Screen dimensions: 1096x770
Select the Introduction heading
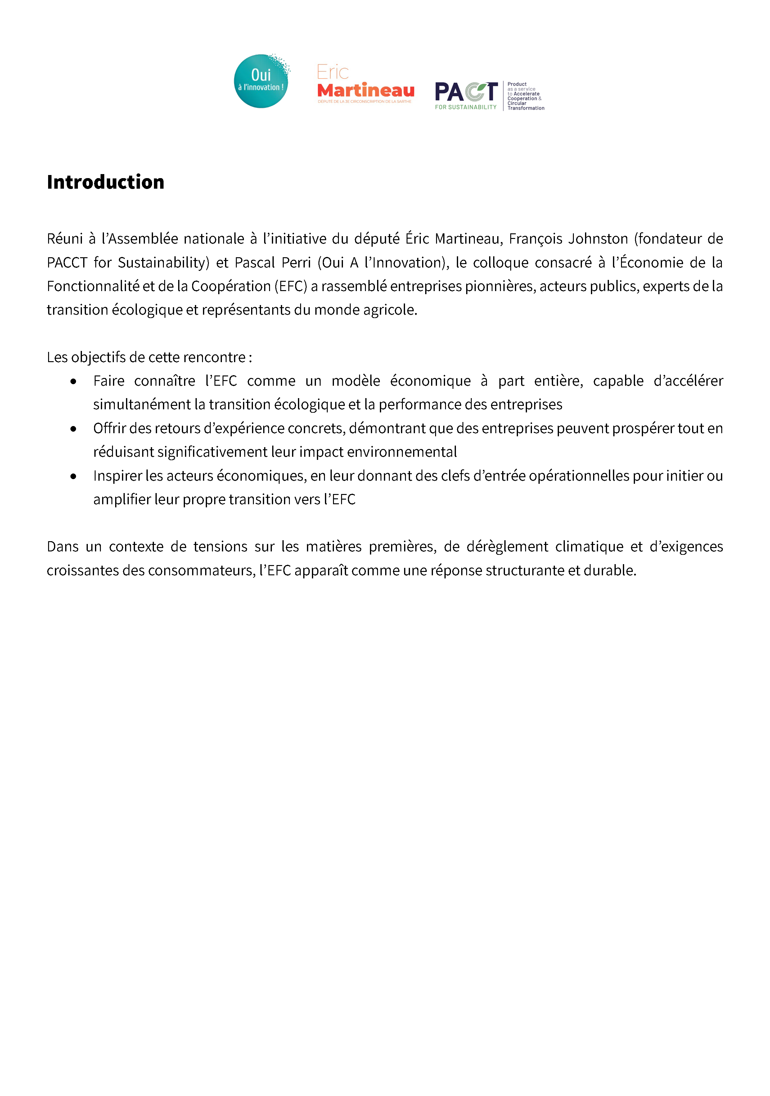pos(106,182)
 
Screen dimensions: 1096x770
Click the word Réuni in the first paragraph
pos(65,239)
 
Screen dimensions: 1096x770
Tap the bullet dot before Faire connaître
pos(73,381)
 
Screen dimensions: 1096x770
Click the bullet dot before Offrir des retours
pos(73,429)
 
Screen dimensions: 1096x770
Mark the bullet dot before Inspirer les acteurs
pos(73,476)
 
